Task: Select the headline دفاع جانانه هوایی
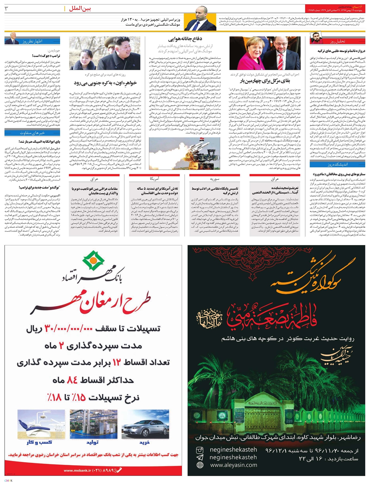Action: (x=185, y=39)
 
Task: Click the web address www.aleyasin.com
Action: (x=233, y=465)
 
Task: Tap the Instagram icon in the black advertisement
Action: (x=200, y=450)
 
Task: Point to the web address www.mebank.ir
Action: (x=75, y=471)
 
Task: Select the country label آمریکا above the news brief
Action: (x=154, y=179)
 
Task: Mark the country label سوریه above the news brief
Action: (x=214, y=179)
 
